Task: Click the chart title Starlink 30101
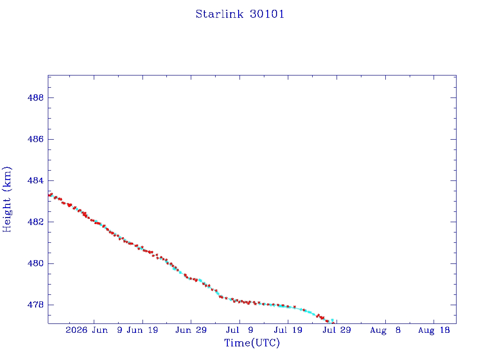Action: (x=240, y=14)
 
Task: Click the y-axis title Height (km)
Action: (x=7, y=199)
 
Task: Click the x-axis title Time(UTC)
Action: (x=252, y=343)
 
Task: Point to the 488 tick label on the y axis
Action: (x=36, y=97)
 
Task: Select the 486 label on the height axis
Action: (x=36, y=139)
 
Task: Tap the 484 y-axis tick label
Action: (x=36, y=180)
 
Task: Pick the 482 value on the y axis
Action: (x=36, y=222)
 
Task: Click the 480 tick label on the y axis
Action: (x=36, y=263)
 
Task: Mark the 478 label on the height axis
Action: (x=36, y=305)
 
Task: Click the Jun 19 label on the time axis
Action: (x=142, y=330)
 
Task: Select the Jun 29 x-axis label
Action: (x=191, y=330)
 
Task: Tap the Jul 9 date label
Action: (x=240, y=330)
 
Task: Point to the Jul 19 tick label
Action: (x=288, y=330)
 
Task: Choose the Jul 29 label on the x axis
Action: (x=337, y=330)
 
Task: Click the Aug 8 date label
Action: (x=385, y=330)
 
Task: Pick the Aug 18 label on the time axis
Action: (x=434, y=330)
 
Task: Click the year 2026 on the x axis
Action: (x=76, y=330)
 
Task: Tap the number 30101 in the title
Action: (x=267, y=14)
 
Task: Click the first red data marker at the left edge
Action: (x=50, y=195)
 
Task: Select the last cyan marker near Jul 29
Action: (x=332, y=320)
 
